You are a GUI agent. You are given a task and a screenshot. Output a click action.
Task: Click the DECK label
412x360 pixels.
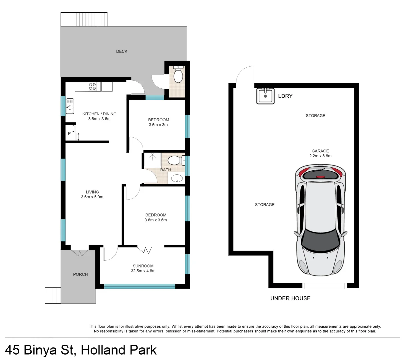(122, 51)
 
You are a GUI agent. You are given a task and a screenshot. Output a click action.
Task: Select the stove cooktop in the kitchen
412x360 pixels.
(92, 87)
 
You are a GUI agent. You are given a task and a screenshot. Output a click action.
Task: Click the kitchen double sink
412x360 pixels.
(70, 106)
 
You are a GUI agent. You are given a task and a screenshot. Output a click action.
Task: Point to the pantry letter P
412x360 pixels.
(69, 134)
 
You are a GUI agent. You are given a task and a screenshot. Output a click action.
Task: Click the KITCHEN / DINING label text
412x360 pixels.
(99, 114)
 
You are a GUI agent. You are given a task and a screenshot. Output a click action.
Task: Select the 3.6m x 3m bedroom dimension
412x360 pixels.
(158, 125)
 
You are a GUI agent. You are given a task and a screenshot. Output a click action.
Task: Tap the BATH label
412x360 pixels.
(166, 170)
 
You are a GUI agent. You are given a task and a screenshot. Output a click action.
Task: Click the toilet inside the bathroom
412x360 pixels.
(175, 160)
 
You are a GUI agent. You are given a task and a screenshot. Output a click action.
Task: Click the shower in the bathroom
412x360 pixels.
(153, 160)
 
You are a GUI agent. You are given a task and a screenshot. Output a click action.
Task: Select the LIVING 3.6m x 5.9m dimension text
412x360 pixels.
(92, 197)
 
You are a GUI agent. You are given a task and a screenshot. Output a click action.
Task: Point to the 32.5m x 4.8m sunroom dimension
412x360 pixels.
(143, 271)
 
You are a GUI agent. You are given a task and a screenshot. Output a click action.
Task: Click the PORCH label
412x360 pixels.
(80, 274)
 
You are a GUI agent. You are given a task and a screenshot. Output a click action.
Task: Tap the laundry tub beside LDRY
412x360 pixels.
(265, 96)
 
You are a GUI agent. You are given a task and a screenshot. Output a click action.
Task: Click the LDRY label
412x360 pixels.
(285, 96)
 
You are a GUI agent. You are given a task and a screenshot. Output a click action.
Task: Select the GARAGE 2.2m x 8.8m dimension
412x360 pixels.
(320, 156)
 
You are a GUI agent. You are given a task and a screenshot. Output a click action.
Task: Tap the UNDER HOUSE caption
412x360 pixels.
(290, 298)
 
